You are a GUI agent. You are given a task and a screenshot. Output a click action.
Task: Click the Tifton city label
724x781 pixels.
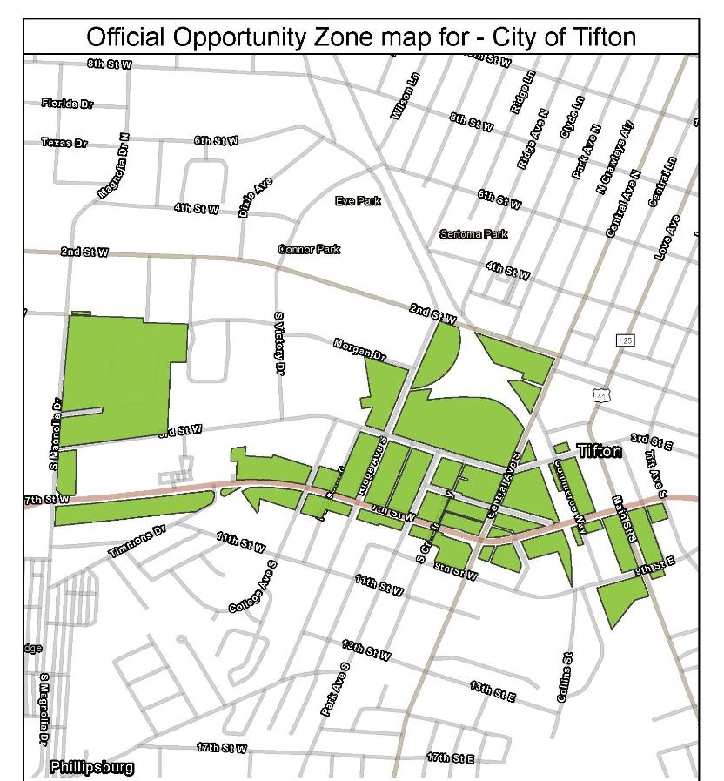coord(600,451)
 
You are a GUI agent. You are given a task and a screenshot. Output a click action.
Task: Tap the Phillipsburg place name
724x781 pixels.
coord(92,767)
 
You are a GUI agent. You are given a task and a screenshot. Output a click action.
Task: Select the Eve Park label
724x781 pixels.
coord(359,201)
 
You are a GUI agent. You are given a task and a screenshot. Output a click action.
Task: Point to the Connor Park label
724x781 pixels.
coord(309,249)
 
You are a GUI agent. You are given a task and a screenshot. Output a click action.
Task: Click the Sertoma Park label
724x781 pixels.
coord(473,234)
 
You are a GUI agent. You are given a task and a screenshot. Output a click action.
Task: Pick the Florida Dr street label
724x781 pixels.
coord(67,104)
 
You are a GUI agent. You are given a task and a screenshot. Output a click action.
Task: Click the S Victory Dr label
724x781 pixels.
coord(279,344)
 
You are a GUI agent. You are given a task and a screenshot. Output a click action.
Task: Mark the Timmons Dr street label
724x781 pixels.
coord(137,542)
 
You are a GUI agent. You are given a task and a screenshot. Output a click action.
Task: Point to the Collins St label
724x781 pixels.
coord(564,677)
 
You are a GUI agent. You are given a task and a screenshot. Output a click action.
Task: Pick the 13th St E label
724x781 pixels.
coord(493,691)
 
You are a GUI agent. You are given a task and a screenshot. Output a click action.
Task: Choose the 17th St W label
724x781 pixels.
coord(221,748)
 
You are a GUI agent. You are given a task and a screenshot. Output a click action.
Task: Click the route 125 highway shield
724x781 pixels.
coord(625,340)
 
